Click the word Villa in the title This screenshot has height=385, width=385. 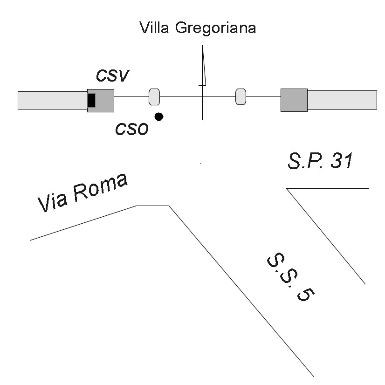coord(155,28)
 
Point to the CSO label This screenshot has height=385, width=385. coord(132,128)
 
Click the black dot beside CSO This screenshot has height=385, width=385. coord(159,117)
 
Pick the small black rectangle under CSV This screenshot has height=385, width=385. coord(91,100)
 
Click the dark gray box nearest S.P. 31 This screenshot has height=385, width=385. coord(294,100)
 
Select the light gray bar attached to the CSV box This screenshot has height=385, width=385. coord(52,100)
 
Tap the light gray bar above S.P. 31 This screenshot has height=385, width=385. coord(342,100)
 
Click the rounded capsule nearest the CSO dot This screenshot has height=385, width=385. coord(154,97)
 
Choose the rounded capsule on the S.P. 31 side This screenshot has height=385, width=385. coord(241,97)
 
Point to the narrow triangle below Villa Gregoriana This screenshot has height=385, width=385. coord(203,68)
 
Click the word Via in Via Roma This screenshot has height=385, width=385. coord(53,200)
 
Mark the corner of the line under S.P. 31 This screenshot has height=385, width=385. coord(287,188)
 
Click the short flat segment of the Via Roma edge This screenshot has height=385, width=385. coord(152,206)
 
